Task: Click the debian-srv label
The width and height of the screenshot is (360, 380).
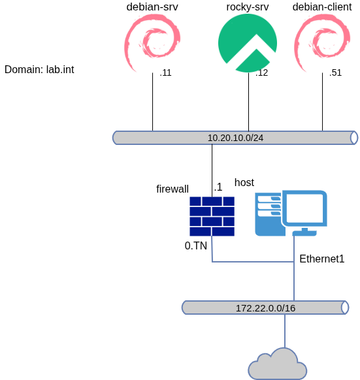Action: (x=152, y=7)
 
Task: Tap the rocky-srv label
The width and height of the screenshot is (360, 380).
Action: (x=248, y=7)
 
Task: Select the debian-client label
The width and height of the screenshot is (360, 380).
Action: (x=322, y=7)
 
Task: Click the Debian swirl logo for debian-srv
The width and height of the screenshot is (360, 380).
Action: (x=151, y=43)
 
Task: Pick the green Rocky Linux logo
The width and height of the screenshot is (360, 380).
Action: (x=247, y=42)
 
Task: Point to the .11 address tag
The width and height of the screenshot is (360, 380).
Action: (x=165, y=72)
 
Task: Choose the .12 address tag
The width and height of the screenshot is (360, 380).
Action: (x=262, y=72)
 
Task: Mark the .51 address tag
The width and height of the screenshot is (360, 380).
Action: (x=335, y=72)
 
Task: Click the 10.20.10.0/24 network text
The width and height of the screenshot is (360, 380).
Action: (x=235, y=138)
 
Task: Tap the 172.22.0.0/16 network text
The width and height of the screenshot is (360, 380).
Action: (x=265, y=308)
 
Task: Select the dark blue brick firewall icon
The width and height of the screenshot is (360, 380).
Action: (x=212, y=216)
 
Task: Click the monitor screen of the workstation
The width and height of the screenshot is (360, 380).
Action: (x=305, y=208)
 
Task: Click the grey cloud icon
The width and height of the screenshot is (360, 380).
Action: (x=278, y=365)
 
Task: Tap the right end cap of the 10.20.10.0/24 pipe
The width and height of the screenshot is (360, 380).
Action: (x=354, y=138)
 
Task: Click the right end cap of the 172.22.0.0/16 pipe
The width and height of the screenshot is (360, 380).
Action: (x=345, y=308)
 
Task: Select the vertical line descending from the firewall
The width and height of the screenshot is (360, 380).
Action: (x=212, y=249)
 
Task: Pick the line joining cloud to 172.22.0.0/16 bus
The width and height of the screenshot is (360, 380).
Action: (x=285, y=331)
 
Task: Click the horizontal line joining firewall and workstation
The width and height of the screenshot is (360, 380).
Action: (x=253, y=262)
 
